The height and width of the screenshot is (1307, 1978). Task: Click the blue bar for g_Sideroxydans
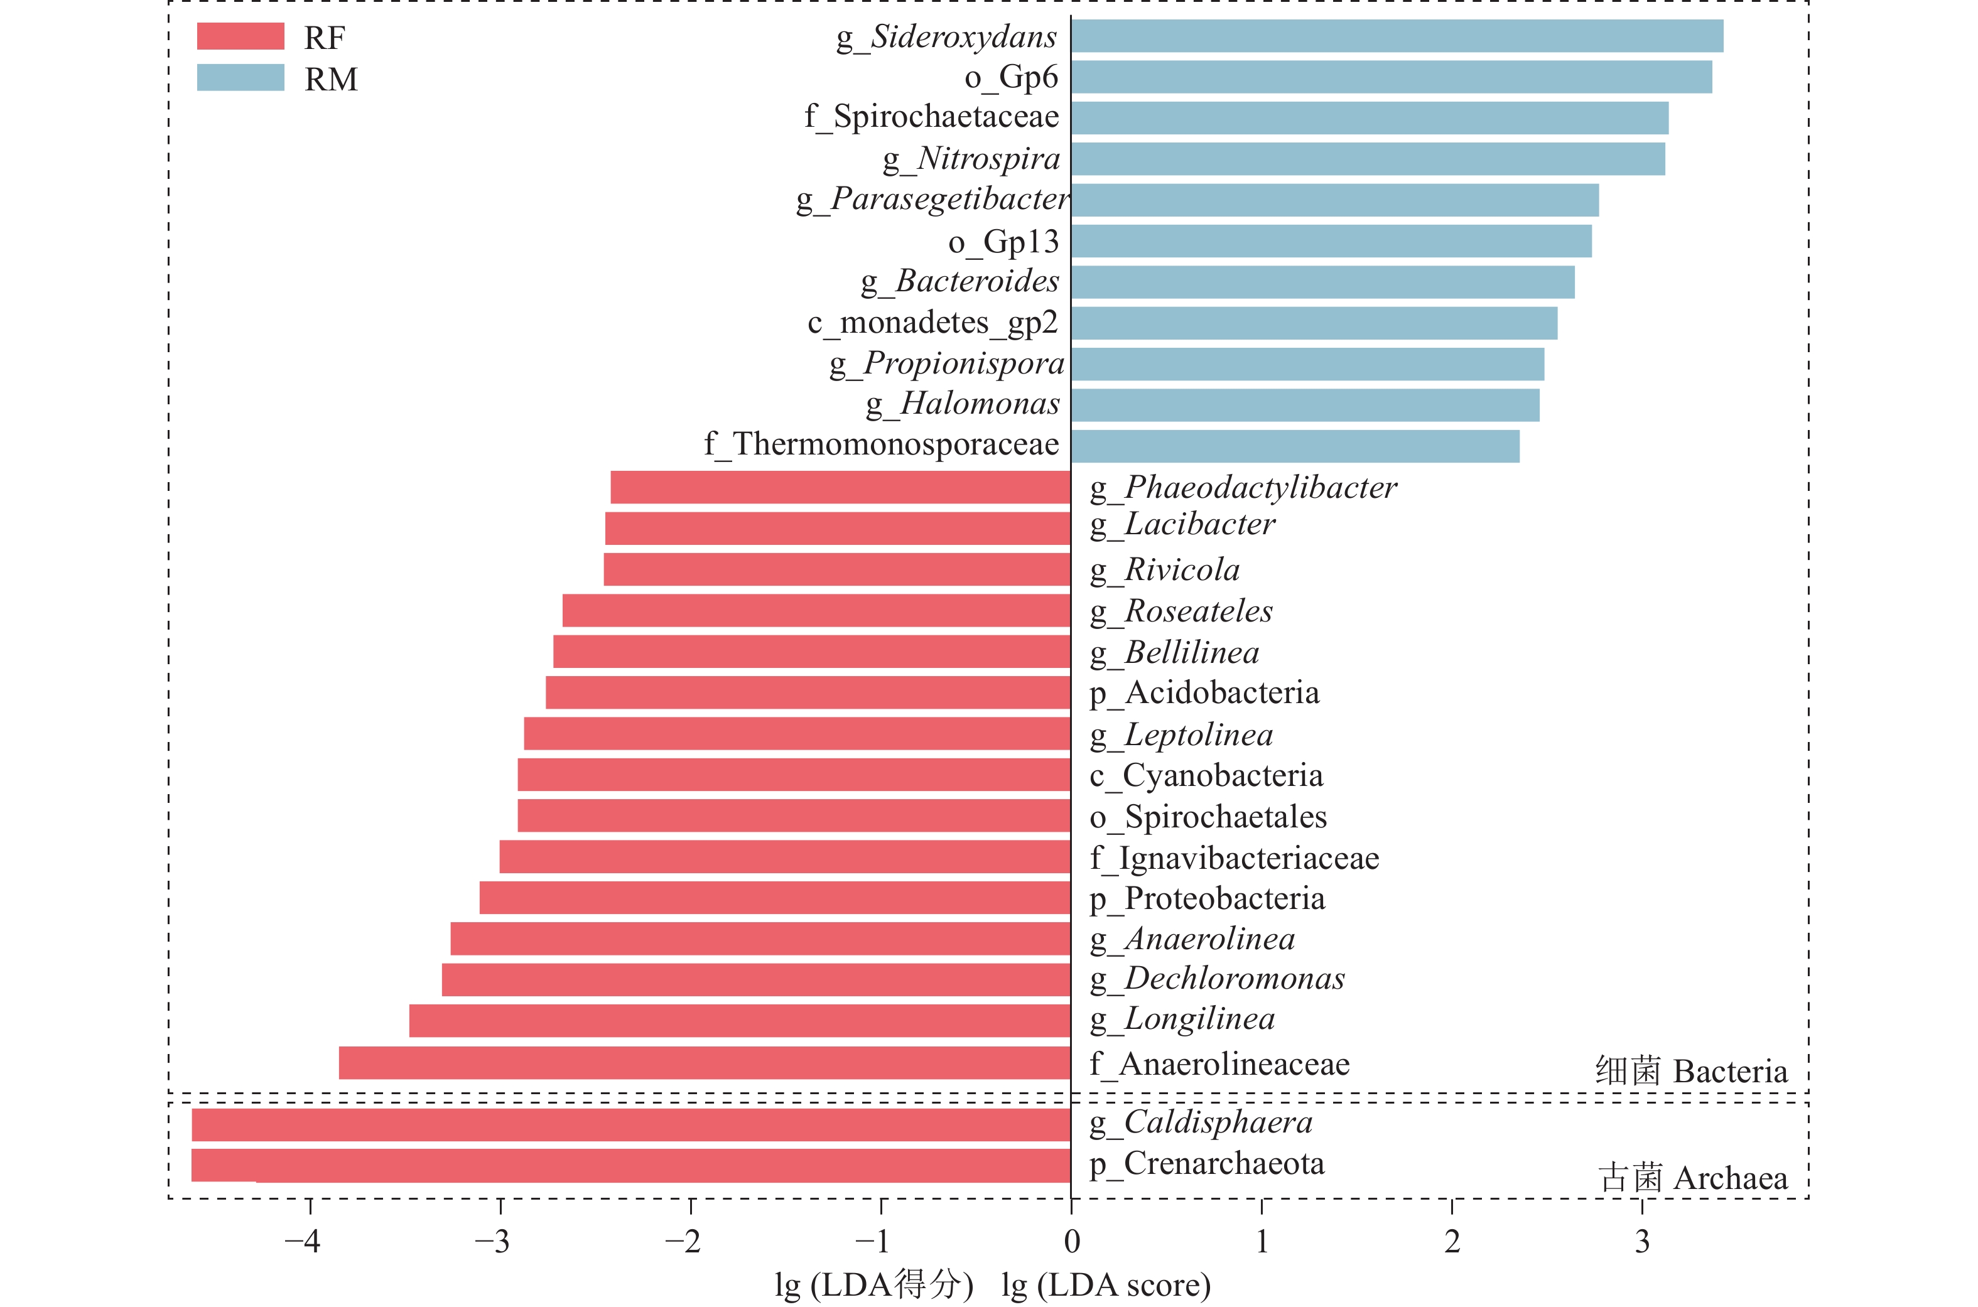click(x=1396, y=36)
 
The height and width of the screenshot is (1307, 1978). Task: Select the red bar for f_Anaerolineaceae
click(x=705, y=1063)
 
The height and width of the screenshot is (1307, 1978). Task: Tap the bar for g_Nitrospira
click(x=1367, y=158)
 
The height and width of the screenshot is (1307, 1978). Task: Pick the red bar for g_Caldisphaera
click(x=631, y=1124)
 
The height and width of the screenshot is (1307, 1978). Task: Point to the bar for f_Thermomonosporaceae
click(x=1295, y=446)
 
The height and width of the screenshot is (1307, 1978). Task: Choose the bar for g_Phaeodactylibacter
click(x=840, y=487)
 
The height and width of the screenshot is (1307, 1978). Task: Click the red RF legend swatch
click(x=240, y=36)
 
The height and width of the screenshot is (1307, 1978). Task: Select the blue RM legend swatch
click(x=240, y=77)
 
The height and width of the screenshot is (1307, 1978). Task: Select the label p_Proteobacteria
click(x=1207, y=898)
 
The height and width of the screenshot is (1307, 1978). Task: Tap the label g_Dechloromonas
click(x=1217, y=979)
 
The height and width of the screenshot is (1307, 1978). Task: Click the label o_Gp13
click(x=1003, y=242)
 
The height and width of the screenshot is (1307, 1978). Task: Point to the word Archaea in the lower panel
click(x=1729, y=1178)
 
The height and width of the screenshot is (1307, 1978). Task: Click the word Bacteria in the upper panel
click(x=1729, y=1071)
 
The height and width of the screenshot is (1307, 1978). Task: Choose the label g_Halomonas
click(x=963, y=404)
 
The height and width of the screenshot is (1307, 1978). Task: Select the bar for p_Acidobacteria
click(x=808, y=692)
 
